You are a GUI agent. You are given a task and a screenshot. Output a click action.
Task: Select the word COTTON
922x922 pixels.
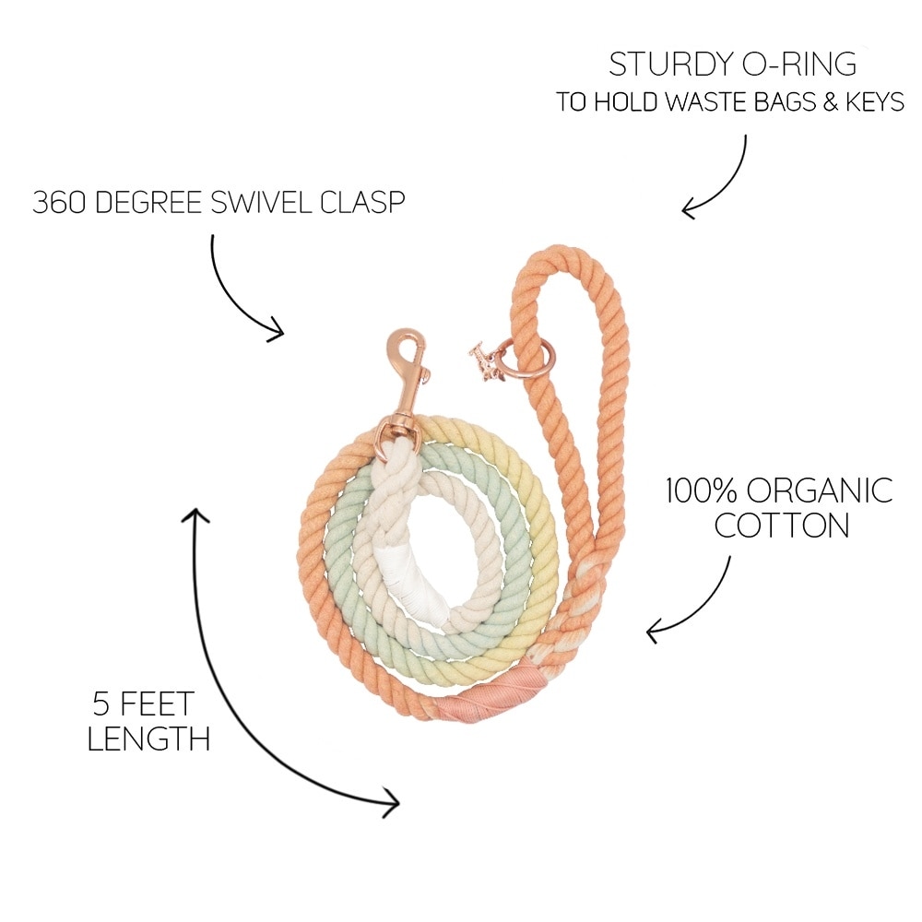(781, 526)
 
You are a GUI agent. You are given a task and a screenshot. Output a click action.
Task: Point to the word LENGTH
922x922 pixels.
(148, 739)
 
